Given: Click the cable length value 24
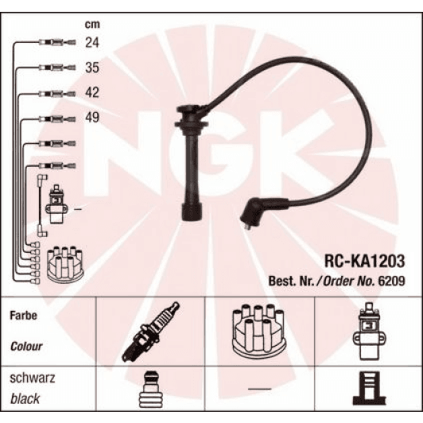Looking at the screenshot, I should pyautogui.click(x=92, y=44).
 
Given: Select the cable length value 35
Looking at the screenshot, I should pyautogui.click(x=92, y=68).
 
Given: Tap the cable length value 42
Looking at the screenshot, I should pyautogui.click(x=92, y=93).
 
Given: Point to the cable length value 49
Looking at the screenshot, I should pyautogui.click(x=92, y=118).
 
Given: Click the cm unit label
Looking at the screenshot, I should pyautogui.click(x=91, y=24).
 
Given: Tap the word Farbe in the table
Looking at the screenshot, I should pyautogui.click(x=24, y=315).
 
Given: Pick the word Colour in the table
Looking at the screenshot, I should pyautogui.click(x=27, y=347).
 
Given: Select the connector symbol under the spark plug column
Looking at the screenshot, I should pyautogui.click(x=151, y=392).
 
